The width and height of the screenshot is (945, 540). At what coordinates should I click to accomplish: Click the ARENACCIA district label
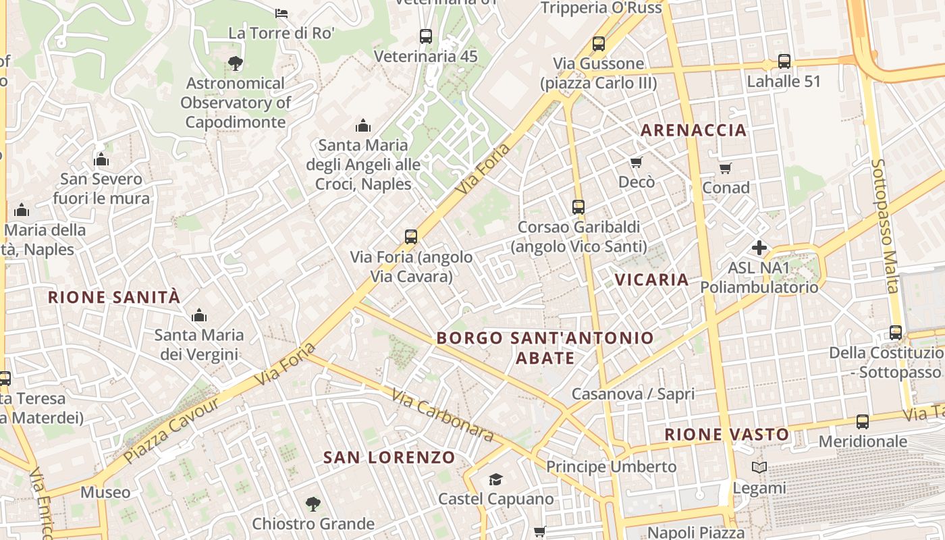pos(693,130)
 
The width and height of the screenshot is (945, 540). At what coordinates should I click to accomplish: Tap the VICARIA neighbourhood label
pos(651,279)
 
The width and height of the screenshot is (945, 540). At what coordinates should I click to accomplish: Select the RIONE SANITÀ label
pos(114,297)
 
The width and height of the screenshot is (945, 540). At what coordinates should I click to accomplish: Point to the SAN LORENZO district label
pos(389,458)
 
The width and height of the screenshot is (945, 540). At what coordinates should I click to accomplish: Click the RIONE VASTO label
pos(727,435)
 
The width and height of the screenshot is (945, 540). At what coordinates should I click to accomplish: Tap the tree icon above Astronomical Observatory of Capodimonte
pos(235,64)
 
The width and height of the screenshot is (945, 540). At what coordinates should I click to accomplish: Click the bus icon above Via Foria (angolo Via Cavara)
pos(411,237)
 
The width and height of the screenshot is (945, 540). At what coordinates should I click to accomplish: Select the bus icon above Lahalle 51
pos(784,61)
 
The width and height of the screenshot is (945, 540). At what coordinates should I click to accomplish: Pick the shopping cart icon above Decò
pos(636,162)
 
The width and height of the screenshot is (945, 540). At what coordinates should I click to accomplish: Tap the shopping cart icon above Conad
pos(726,168)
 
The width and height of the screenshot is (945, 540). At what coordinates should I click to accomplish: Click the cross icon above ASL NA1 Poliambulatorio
pos(759,248)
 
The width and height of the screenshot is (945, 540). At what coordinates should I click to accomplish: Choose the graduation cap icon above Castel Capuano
pos(496,479)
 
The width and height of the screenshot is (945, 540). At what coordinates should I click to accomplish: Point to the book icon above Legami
pos(759,467)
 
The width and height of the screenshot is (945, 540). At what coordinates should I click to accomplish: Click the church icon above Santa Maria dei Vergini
pos(198,315)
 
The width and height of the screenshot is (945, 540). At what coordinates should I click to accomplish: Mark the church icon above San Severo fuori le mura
pos(101,160)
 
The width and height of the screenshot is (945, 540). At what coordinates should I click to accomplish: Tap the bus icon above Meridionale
pos(863,422)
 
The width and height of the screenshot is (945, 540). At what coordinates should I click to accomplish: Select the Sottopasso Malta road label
pos(885,226)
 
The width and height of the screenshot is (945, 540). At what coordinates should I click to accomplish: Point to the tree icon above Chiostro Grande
pos(313,504)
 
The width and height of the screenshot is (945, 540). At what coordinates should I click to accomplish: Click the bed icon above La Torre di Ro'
pos(281,13)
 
